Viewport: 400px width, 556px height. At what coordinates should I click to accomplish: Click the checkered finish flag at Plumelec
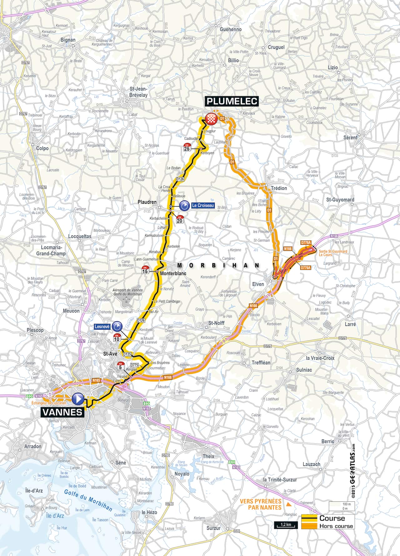[x=211, y=119]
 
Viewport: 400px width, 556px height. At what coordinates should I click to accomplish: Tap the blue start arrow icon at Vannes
[x=78, y=399]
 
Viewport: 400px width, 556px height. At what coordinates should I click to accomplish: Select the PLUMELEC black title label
[x=232, y=101]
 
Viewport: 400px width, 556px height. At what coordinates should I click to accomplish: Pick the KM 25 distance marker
[x=187, y=147]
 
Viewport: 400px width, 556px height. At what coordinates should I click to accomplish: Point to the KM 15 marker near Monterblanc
[x=145, y=270]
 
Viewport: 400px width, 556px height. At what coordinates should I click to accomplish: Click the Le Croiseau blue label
[x=203, y=205]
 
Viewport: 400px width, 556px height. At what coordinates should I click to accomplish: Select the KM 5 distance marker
[x=120, y=366]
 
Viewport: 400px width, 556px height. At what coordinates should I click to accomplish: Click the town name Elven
[x=258, y=284]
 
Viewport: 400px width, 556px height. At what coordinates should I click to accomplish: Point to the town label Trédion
[x=279, y=188]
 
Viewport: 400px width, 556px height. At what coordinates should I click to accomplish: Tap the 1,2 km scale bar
[x=286, y=524]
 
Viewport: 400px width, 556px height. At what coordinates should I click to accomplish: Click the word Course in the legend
[x=332, y=518]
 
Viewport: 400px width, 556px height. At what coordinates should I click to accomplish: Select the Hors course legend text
[x=336, y=526]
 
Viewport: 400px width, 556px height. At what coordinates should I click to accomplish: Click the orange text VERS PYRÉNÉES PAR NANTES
[x=261, y=504]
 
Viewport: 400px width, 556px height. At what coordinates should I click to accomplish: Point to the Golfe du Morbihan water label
[x=88, y=500]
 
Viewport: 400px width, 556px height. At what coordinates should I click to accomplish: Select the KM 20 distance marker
[x=180, y=219]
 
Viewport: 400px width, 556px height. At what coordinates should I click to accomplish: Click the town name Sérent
[x=350, y=137]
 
